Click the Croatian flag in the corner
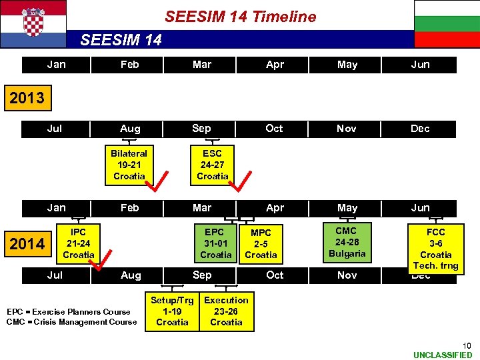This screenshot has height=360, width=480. coord(33,23)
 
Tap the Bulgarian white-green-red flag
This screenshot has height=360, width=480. coord(447,23)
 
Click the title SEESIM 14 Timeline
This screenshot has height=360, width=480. coord(240,17)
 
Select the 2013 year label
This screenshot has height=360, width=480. coord(27,98)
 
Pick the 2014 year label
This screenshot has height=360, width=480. coord(27,244)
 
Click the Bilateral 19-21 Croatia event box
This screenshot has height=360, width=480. coord(129,165)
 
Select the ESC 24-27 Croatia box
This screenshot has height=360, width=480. coord(212,165)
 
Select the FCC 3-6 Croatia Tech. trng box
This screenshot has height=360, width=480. coord(435,249)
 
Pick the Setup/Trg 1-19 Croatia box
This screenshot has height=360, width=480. coord(172,311)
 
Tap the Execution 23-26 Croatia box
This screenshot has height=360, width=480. coord(226,311)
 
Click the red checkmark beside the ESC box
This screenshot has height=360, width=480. coord(243,181)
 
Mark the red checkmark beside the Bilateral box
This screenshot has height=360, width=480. coord(159,181)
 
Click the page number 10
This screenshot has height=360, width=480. coord(467,345)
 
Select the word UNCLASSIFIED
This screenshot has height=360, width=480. coord(443,355)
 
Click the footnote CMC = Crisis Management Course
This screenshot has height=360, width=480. coord(71,322)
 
